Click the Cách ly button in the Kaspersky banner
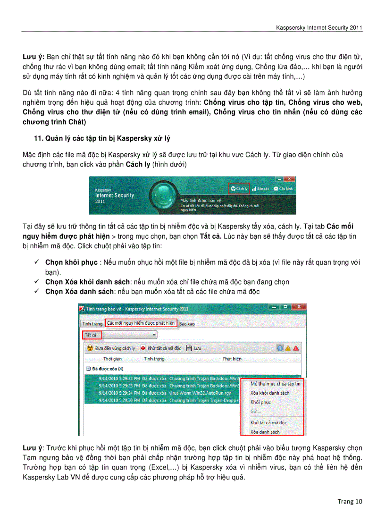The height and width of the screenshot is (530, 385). [239, 188]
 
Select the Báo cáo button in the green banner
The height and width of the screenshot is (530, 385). [260, 188]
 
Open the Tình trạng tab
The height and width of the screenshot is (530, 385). [92, 324]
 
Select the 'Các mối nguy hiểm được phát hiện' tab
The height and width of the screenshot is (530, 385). [141, 323]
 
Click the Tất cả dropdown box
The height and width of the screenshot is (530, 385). [120, 335]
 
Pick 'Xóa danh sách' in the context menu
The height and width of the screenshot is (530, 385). [265, 432]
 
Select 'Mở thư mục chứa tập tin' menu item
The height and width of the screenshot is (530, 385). [275, 384]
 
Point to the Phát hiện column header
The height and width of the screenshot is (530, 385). [232, 359]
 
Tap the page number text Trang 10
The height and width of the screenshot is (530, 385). [350, 501]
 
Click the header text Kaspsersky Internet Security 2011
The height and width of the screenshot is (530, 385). [319, 28]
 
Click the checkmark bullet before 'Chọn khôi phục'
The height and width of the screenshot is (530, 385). [36, 262]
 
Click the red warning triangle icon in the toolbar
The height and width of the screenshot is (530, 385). [296, 348]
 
